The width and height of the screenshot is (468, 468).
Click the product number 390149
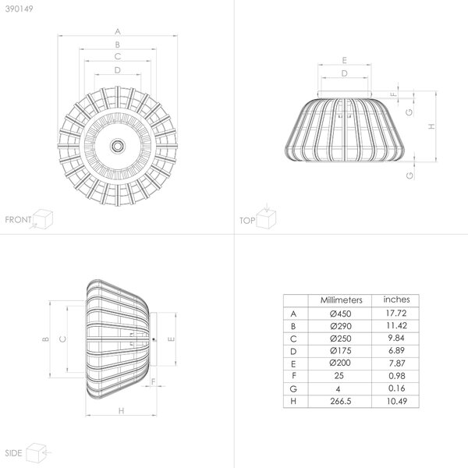tap(19, 9)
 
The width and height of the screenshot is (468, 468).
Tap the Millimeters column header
tap(341, 300)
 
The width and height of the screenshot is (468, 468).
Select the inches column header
tap(396, 300)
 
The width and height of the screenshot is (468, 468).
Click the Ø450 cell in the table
tap(340, 314)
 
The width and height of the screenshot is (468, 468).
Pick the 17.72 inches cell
tap(396, 313)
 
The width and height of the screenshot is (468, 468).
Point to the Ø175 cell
tap(340, 351)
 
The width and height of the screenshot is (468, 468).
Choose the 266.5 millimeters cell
tap(340, 401)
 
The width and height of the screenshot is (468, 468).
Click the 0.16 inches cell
tap(397, 388)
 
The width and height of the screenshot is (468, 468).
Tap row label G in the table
tap(293, 389)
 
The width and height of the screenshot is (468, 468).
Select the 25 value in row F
tap(339, 376)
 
